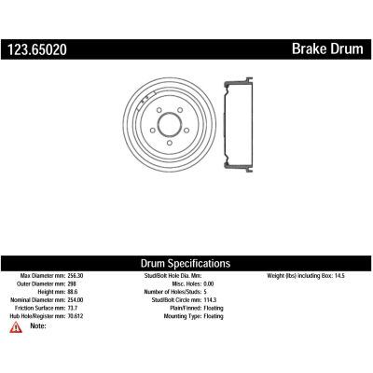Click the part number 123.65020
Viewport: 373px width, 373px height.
37,49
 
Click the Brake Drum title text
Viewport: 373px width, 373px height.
327,48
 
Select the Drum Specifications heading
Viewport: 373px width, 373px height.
186,263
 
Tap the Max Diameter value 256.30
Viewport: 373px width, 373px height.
76,276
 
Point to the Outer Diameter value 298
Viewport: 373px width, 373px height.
72,283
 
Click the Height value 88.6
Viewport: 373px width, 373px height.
73,292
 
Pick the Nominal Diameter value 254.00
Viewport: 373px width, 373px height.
76,300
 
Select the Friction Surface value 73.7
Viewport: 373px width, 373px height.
73,308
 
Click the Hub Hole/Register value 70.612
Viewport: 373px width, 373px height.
76,316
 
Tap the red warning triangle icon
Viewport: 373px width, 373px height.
16,327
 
